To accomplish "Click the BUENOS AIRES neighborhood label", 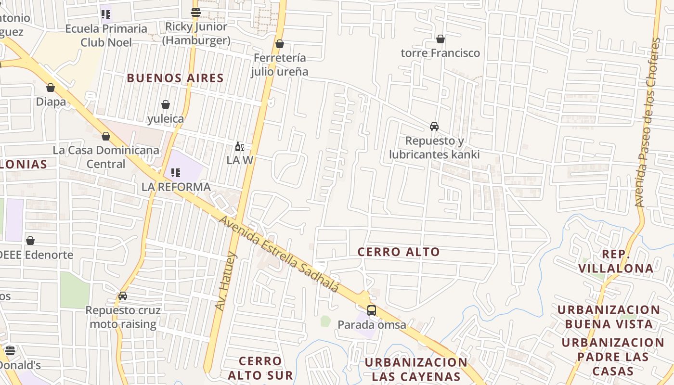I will click(x=175, y=78).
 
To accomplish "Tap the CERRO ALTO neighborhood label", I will click(x=399, y=252).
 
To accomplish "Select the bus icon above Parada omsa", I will click(x=372, y=310).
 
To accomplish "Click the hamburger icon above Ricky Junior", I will click(x=195, y=13).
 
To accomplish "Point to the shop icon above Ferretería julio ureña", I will click(x=280, y=44).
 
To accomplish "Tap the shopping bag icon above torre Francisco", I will click(x=440, y=39).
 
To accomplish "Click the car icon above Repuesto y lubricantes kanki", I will click(x=434, y=127).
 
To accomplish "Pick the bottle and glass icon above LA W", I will click(x=239, y=147).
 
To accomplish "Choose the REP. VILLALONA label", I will click(x=616, y=261).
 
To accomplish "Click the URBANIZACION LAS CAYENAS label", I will click(x=416, y=369).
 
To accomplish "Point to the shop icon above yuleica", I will click(x=166, y=104).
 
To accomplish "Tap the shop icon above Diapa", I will click(x=51, y=88).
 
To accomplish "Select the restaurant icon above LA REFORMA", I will click(x=176, y=172).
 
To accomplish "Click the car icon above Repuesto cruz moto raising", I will click(x=123, y=296).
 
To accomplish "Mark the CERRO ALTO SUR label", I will click(x=260, y=368).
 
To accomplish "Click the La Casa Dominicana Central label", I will click(x=106, y=157).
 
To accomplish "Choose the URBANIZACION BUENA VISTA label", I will click(x=609, y=317).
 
